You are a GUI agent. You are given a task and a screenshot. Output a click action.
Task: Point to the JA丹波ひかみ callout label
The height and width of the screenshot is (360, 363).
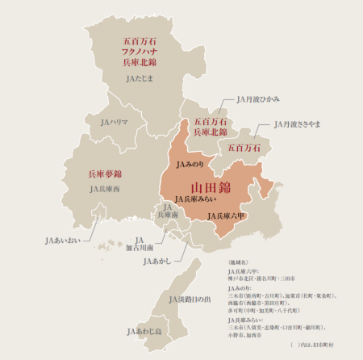258,100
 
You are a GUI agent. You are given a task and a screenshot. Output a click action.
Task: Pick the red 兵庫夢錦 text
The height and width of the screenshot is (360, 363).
105,174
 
